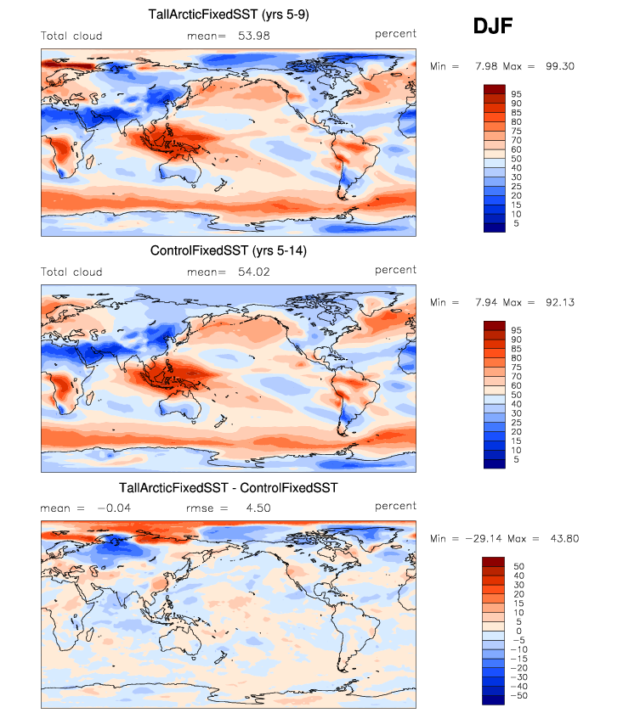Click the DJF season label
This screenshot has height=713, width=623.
tap(492, 27)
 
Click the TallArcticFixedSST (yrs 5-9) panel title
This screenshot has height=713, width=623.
tap(229, 14)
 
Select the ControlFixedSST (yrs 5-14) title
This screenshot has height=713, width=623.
tap(229, 250)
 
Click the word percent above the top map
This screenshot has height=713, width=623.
tap(395, 34)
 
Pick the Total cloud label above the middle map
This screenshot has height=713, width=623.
tap(71, 272)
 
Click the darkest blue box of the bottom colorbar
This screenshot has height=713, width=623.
tap(493, 699)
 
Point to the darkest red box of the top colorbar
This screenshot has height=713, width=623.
tap(493, 89)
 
